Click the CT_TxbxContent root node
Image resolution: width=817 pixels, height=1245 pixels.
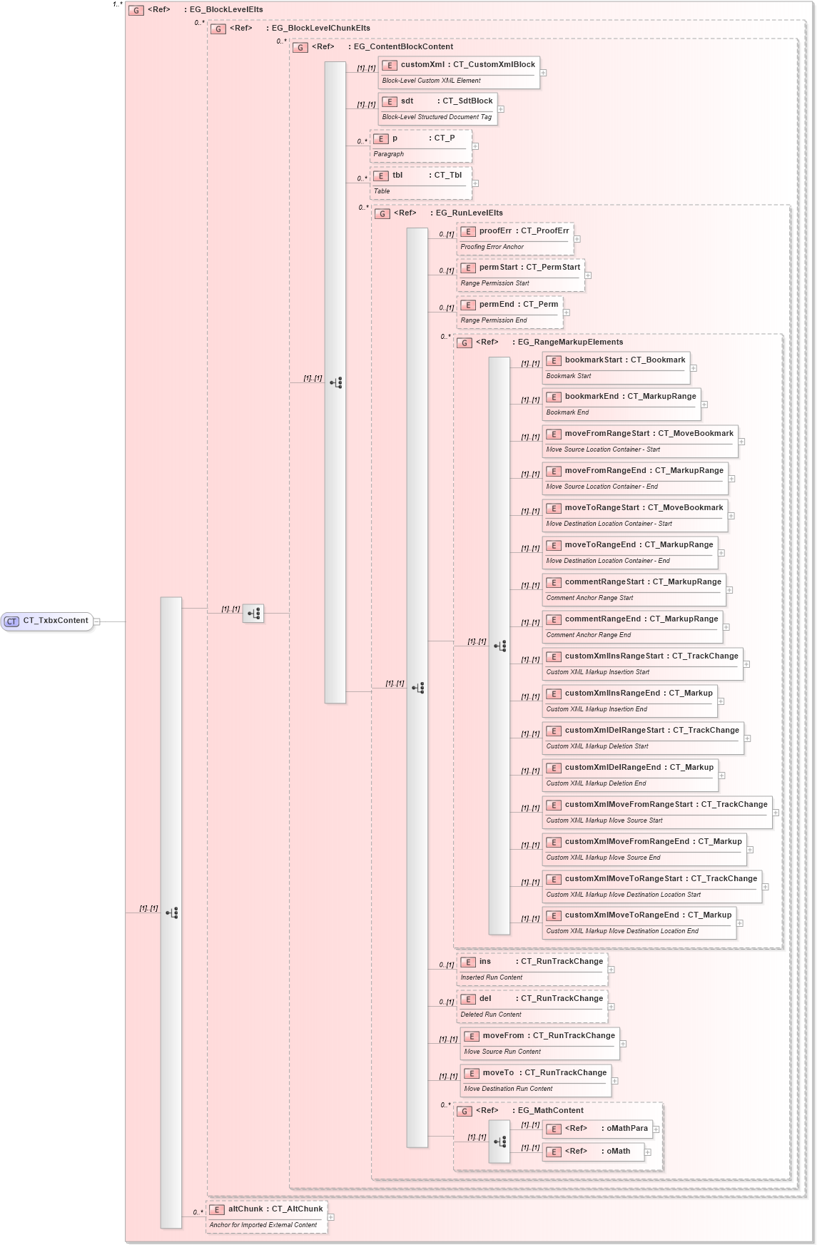pyautogui.click(x=47, y=621)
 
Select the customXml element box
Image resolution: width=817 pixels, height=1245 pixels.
pyautogui.click(x=459, y=72)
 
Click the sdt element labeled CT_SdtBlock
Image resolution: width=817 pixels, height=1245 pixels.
pyautogui.click(x=437, y=108)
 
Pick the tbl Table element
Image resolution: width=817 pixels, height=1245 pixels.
pyautogui.click(x=421, y=183)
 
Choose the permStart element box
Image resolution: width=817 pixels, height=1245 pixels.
pyautogui.click(x=520, y=275)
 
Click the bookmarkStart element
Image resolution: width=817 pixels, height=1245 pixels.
pyautogui.click(x=616, y=367)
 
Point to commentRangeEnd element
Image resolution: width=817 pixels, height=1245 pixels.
pyautogui.click(x=632, y=626)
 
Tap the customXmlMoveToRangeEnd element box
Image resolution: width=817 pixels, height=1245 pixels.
pyautogui.click(x=639, y=923)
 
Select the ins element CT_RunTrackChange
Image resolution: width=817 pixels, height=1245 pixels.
pyautogui.click(x=532, y=969)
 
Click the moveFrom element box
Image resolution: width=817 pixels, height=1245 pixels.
pyautogui.click(x=539, y=1043)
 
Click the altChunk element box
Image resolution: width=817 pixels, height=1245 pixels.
pyautogui.click(x=266, y=1216)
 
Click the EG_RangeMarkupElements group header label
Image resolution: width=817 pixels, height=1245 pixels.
pyautogui.click(x=570, y=342)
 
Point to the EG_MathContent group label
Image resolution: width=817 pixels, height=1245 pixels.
pyautogui.click(x=550, y=1111)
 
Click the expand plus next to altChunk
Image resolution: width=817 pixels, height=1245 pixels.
pyautogui.click(x=331, y=1217)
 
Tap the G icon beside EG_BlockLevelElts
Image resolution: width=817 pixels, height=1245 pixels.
pyautogui.click(x=136, y=10)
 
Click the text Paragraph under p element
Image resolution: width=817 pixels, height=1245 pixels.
pyautogui.click(x=389, y=154)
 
